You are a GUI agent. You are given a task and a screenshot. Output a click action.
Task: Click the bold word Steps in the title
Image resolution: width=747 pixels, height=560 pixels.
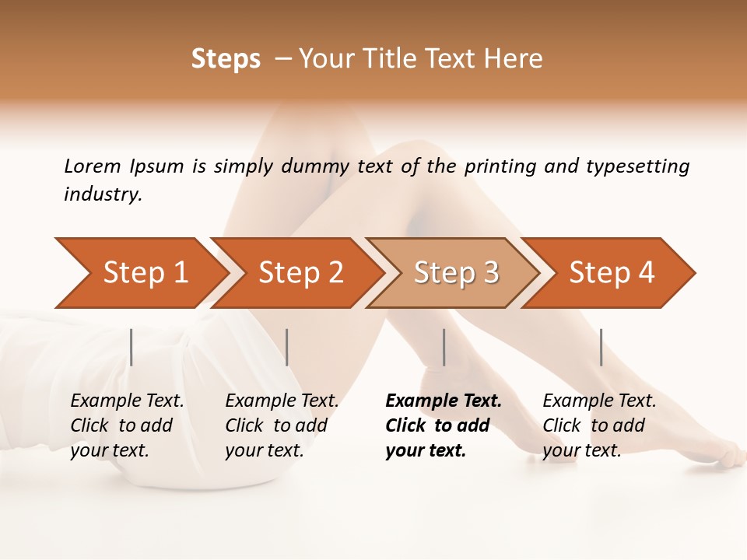(x=226, y=59)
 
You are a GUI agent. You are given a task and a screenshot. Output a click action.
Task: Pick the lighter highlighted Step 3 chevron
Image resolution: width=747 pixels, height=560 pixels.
(x=456, y=273)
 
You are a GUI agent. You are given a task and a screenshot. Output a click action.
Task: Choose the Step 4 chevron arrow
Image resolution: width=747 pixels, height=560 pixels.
(x=612, y=273)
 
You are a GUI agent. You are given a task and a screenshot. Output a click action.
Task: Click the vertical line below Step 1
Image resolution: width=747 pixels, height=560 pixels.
(x=132, y=347)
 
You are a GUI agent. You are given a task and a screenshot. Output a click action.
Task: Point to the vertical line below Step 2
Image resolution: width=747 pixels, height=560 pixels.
(x=287, y=347)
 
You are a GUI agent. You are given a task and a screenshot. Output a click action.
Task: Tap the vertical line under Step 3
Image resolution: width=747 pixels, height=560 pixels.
(x=444, y=347)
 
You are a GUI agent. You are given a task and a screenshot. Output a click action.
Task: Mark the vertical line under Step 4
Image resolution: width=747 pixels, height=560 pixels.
(x=601, y=347)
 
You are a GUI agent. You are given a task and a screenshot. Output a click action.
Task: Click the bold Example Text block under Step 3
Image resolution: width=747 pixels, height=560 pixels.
(x=443, y=425)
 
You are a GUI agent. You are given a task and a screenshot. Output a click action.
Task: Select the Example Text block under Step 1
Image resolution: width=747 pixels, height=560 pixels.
(x=127, y=425)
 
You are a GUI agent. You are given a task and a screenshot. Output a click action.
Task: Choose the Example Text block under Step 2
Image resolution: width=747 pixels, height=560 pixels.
(x=282, y=425)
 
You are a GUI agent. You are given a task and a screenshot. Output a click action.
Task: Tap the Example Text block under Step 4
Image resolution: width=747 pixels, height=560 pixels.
(x=599, y=425)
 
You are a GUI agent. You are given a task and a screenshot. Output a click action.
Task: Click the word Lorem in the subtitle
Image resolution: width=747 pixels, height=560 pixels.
(x=93, y=166)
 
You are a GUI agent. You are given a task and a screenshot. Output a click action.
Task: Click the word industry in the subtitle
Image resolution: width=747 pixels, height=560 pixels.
(x=103, y=194)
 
